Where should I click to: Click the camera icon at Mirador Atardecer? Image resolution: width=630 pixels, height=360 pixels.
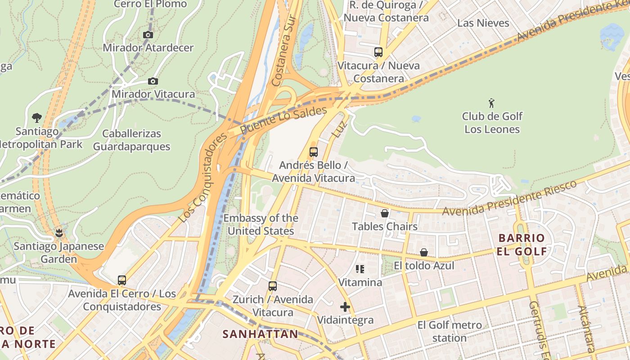pos(148,35)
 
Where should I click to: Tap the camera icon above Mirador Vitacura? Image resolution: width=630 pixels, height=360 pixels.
pos(153,81)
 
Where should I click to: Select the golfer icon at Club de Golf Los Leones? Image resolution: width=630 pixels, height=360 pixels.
pos(491,103)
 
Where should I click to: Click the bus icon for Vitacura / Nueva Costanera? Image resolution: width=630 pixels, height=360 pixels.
pos(378,52)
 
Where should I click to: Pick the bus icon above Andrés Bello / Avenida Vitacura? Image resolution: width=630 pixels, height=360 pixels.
pos(314,152)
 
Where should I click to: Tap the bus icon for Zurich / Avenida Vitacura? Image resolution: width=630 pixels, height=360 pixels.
pos(272,286)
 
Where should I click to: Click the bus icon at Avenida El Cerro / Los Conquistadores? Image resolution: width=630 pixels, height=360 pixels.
pos(121,280)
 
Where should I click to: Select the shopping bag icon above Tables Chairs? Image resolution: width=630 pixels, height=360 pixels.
pos(385,213)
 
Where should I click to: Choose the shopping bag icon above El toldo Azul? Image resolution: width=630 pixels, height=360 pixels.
pos(424,252)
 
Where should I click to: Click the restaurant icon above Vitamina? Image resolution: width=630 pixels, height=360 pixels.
pos(360,269)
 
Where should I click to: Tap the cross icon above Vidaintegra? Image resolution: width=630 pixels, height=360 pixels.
pos(345,307)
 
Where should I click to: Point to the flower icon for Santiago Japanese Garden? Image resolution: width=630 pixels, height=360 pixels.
pos(58,233)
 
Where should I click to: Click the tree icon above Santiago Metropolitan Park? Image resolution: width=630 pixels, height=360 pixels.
pos(37,118)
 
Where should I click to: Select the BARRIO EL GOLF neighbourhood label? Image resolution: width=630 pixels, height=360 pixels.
pos(522,244)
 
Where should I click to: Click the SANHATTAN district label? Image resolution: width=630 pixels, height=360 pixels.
pos(260,334)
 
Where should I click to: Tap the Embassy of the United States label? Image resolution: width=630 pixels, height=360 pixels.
pos(261,225)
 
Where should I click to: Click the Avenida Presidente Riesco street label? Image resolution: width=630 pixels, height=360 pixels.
pos(509,198)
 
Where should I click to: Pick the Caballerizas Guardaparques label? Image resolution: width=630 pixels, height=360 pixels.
pos(131,140)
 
